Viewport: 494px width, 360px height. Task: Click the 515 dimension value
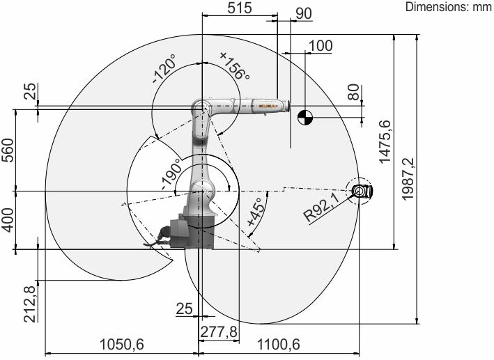(240, 8)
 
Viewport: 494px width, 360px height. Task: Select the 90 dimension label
(304, 13)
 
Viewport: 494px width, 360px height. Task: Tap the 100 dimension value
(321, 46)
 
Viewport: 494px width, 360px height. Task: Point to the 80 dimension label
(353, 92)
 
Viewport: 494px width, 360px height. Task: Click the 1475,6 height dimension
(385, 142)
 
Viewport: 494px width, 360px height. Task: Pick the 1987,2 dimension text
(408, 178)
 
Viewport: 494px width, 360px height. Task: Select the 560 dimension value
(8, 150)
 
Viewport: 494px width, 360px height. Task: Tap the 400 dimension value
(8, 219)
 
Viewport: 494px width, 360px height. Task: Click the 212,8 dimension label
(30, 304)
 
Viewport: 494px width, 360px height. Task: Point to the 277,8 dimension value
(219, 331)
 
